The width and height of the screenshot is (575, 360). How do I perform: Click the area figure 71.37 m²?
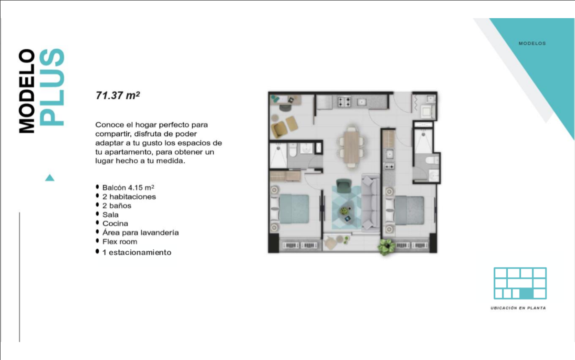(x=117, y=95)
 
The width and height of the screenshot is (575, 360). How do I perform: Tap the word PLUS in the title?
(x=52, y=87)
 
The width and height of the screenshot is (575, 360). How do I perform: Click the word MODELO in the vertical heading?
(x=27, y=91)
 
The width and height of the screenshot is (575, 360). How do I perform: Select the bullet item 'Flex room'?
(x=120, y=242)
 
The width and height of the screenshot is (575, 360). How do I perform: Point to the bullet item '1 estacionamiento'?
(x=137, y=253)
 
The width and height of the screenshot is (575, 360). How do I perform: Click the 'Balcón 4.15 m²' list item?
(x=128, y=188)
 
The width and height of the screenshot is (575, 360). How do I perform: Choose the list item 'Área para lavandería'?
(x=140, y=233)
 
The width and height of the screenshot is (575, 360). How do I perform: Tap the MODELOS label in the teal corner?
(x=532, y=43)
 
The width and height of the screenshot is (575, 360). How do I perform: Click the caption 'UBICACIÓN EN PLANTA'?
(x=518, y=308)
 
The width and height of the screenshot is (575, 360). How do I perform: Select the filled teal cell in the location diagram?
(x=526, y=294)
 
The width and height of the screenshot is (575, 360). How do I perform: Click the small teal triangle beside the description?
(x=50, y=178)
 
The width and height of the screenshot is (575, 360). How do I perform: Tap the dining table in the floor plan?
(x=352, y=147)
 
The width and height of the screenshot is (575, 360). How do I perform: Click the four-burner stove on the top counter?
(x=344, y=101)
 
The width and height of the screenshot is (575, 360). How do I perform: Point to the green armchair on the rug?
(x=344, y=186)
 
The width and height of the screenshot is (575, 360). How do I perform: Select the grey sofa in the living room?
(x=370, y=202)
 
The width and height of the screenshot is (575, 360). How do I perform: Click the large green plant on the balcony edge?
(x=386, y=246)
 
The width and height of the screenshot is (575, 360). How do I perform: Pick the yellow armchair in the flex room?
(x=279, y=129)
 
